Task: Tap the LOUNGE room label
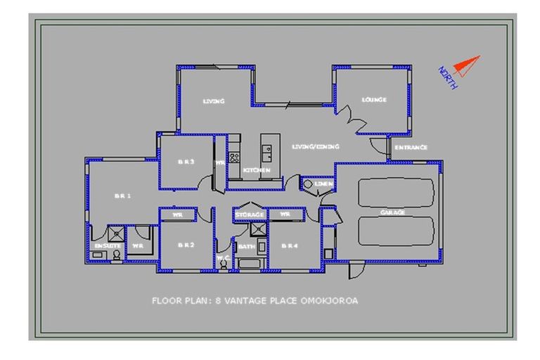pyautogui.click(x=374, y=100)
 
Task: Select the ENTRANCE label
pyautogui.click(x=410, y=148)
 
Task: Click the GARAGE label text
pyautogui.click(x=393, y=212)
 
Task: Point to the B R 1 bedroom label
pyautogui.click(x=123, y=196)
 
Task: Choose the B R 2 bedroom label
pyautogui.click(x=186, y=245)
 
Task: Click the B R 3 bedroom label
pyautogui.click(x=186, y=162)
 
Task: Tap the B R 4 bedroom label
pyautogui.click(x=289, y=245)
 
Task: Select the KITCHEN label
pyautogui.click(x=257, y=171)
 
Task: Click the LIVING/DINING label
pyautogui.click(x=316, y=147)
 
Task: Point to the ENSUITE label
pyautogui.click(x=105, y=245)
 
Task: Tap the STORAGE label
pyautogui.click(x=250, y=214)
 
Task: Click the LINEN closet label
pyautogui.click(x=323, y=184)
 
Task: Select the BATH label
pyautogui.click(x=246, y=247)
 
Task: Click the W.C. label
pyautogui.click(x=224, y=259)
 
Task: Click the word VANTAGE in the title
pyautogui.click(x=246, y=301)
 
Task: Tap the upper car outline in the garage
pyautogui.click(x=395, y=192)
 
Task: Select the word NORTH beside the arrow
pyautogui.click(x=448, y=77)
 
